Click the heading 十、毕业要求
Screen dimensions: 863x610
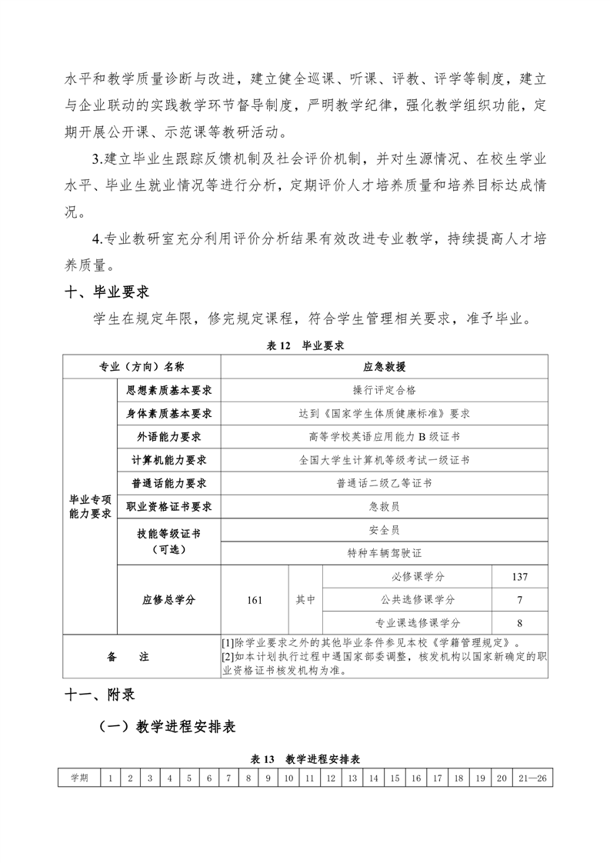click(107, 292)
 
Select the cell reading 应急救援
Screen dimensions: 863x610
click(384, 367)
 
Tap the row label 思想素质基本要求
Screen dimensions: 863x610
click(168, 390)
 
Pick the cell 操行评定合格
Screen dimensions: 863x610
click(384, 390)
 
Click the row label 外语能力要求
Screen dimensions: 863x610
click(168, 437)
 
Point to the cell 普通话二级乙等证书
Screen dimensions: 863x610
click(384, 483)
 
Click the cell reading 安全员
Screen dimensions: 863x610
click(384, 530)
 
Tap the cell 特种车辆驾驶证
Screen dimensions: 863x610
click(384, 553)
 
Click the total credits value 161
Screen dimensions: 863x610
click(255, 600)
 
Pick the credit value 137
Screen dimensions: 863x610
click(519, 577)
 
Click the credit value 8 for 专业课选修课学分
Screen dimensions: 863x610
click(519, 623)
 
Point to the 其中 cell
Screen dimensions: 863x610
click(305, 600)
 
